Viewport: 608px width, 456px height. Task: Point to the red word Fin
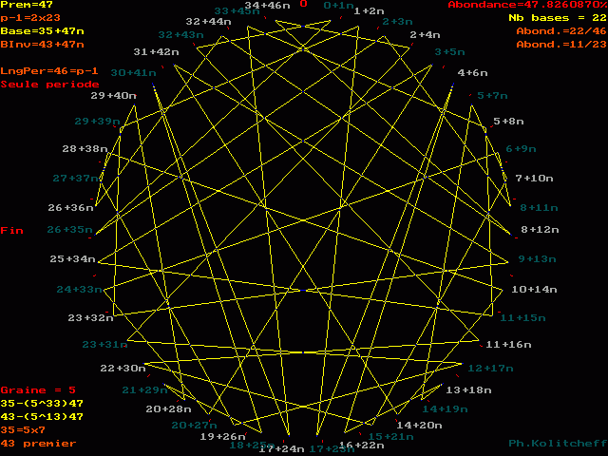(x=11, y=230)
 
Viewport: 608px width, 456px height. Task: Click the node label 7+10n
(x=534, y=178)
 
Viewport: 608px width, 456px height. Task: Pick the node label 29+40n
(x=113, y=96)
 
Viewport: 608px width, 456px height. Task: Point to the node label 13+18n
(x=468, y=389)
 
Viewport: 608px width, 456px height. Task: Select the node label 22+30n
(x=123, y=368)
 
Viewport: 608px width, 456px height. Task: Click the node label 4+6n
(x=472, y=73)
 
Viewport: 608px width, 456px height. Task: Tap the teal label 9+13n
(x=537, y=258)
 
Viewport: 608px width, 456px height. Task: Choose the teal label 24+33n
(x=79, y=290)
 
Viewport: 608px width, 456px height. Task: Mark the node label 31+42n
(x=157, y=52)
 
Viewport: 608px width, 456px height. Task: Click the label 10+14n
(x=534, y=289)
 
